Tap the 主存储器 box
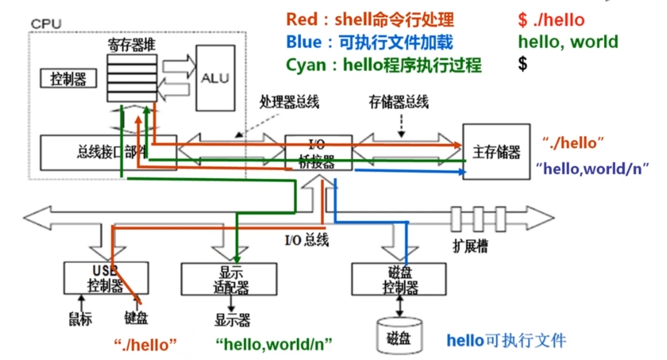click(496, 152)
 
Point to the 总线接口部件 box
click(109, 152)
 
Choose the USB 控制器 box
click(105, 277)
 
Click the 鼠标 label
click(81, 318)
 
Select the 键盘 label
click(136, 318)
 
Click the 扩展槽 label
click(470, 247)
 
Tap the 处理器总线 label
click(289, 102)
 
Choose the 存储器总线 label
click(398, 102)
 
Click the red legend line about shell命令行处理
click(370, 20)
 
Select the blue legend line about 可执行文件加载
click(369, 43)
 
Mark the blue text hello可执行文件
click(506, 340)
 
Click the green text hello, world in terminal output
click(568, 42)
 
